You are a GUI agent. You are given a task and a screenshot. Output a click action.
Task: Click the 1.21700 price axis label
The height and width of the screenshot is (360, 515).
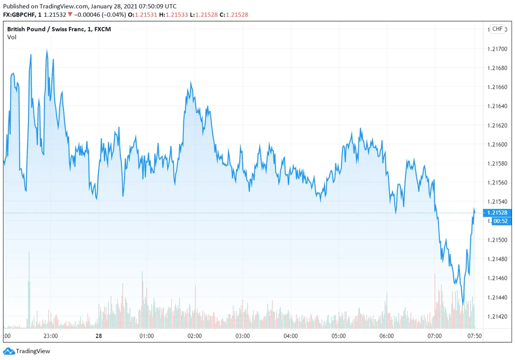[497, 49]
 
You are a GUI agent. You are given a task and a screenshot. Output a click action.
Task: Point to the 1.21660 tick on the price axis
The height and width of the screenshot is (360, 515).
[497, 87]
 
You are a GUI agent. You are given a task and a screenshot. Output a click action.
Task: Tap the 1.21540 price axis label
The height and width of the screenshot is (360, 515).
[497, 202]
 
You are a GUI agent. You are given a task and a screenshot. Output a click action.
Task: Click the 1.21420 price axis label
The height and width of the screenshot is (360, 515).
[497, 317]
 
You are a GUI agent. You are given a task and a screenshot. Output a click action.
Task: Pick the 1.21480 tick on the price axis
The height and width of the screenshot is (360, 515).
[497, 259]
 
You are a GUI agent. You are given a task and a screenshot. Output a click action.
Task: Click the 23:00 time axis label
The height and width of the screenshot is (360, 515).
[51, 336]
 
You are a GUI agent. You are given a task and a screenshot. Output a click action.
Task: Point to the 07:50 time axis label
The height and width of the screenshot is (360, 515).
[474, 336]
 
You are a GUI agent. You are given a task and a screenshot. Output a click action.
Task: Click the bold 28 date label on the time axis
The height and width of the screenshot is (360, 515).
[99, 336]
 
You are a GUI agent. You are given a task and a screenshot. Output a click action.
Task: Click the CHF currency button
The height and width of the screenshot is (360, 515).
[497, 29]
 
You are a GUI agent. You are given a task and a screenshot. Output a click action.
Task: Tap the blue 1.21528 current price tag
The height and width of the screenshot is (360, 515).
[497, 213]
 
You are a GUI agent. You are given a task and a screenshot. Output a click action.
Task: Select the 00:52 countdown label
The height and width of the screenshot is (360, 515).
[497, 221]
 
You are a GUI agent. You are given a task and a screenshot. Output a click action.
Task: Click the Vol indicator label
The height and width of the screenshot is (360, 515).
[12, 37]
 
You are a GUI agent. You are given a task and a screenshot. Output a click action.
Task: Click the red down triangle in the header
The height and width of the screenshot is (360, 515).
[70, 15]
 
